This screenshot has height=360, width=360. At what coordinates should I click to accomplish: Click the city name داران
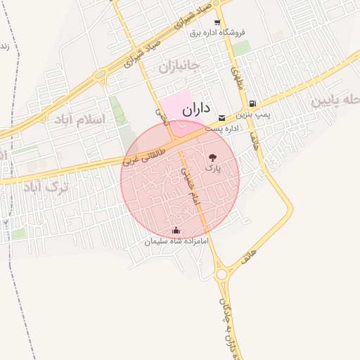(196, 109)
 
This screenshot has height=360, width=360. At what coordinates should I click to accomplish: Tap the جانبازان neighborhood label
(179, 67)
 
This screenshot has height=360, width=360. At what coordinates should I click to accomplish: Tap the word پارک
(212, 169)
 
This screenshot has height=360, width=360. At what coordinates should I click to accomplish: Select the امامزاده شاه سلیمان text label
(176, 241)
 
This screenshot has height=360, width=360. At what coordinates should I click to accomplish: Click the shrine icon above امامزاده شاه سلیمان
(176, 230)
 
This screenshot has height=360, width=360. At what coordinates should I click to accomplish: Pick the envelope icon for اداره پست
(222, 117)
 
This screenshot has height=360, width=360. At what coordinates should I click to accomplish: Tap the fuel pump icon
(252, 103)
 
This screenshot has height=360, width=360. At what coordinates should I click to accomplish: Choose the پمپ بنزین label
(252, 113)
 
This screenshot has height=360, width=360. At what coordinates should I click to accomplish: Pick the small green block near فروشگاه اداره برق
(241, 48)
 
